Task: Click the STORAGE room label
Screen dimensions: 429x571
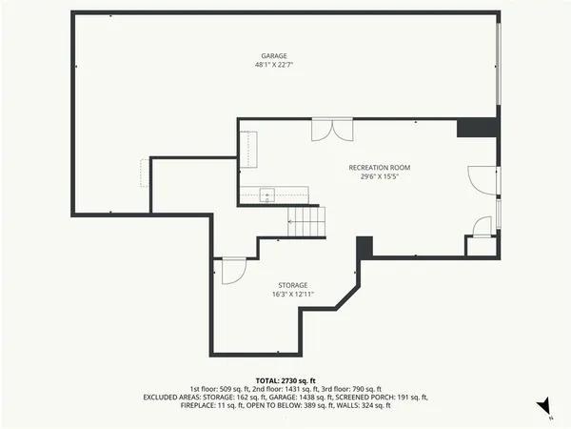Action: pos(292,285)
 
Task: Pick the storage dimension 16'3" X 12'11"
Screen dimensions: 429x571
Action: pos(292,295)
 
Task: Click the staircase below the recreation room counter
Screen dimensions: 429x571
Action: pos(307,223)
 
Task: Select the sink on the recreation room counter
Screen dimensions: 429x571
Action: pos(267,194)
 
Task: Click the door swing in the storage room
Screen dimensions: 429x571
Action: pos(232,271)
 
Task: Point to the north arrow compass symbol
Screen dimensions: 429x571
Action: pos(543,409)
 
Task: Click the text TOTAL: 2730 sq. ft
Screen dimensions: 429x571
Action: pos(285,379)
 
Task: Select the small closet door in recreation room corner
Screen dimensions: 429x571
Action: pos(482,229)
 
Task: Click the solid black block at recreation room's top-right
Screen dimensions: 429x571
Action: pos(476,128)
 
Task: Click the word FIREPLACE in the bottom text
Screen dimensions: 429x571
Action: pos(199,405)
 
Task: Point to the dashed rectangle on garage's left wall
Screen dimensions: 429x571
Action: pos(145,174)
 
